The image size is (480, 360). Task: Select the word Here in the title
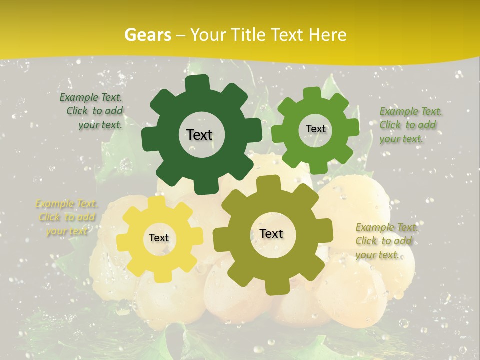pos(327,35)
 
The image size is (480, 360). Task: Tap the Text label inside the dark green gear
pos(199,135)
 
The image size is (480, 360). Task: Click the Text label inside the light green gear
pos(315,129)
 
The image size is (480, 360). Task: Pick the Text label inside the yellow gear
pos(159,238)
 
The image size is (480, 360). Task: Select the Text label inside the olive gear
pos(271,234)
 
